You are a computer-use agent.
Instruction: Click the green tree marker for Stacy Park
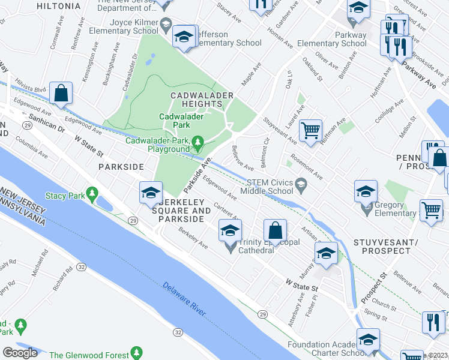pos(92,194)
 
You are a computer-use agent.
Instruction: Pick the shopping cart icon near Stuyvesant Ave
pos(310,130)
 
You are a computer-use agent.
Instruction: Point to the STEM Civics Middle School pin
pos(301,187)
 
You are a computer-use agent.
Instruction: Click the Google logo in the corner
pos(20,353)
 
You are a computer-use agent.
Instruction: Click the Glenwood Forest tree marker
pos(137,353)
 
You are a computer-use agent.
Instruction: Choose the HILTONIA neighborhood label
pos(58,6)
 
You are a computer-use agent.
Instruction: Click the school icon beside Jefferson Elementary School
pos(184,37)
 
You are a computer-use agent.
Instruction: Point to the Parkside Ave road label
pos(199,172)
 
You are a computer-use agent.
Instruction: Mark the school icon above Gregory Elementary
pos(366,191)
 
